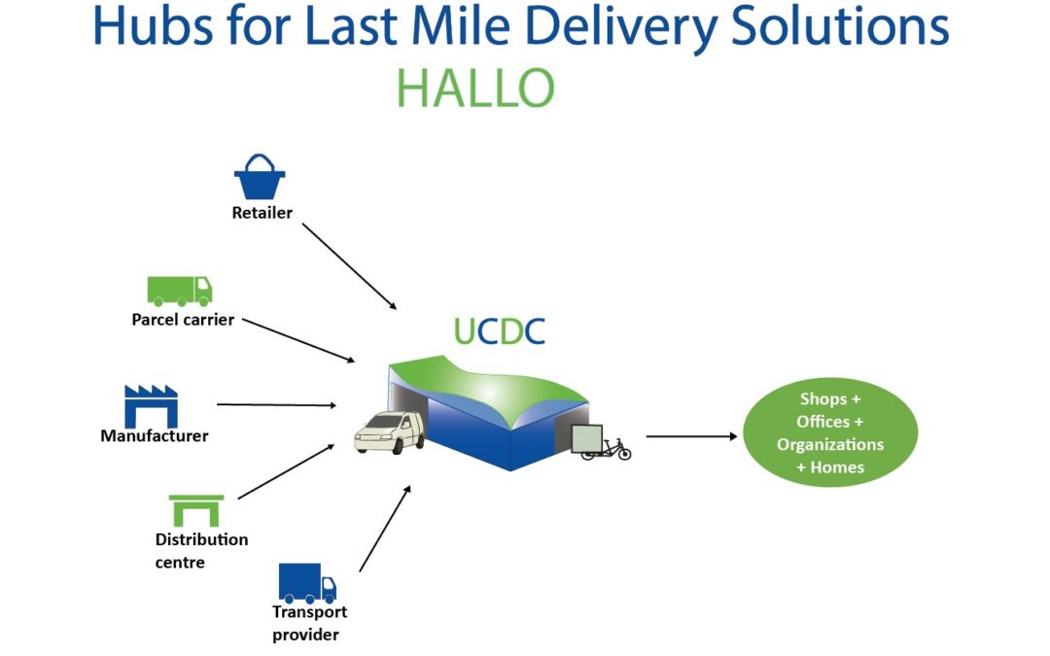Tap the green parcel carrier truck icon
click(180, 290)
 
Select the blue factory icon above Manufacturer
click(151, 405)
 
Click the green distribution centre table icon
click(196, 509)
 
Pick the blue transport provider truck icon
click(307, 583)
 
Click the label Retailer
click(262, 212)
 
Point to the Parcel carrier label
click(183, 319)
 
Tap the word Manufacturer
click(155, 435)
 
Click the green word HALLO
click(475, 89)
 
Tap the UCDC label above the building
click(499, 330)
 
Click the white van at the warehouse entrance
click(389, 432)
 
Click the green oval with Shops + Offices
click(829, 432)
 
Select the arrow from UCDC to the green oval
click(690, 436)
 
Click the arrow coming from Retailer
click(349, 265)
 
